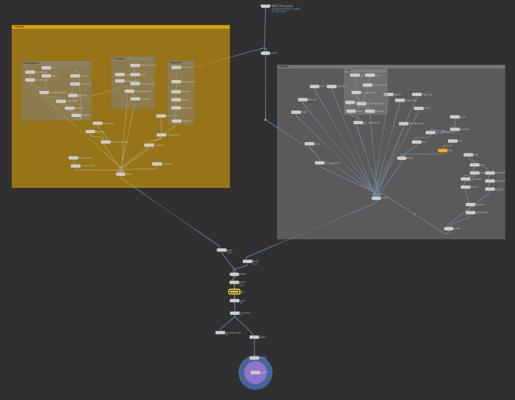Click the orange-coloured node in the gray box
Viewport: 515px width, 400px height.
(x=442, y=150)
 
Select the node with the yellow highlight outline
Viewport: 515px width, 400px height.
(x=234, y=291)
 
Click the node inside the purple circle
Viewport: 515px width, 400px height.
(x=255, y=372)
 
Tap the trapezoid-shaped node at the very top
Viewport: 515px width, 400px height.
(x=265, y=6)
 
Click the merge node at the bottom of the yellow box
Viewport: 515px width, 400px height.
(x=120, y=174)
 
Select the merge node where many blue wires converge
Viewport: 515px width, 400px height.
(x=376, y=198)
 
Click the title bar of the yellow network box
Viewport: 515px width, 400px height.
(x=120, y=27)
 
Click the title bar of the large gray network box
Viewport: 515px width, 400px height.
(x=390, y=66)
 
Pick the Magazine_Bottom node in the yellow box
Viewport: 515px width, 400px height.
(x=73, y=157)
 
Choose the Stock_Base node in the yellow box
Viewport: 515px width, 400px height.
(x=157, y=164)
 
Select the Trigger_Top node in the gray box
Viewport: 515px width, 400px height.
(x=417, y=95)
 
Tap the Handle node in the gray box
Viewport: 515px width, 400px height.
(x=419, y=108)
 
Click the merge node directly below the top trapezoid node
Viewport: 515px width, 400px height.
(x=265, y=53)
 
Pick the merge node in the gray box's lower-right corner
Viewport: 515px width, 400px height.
(x=449, y=228)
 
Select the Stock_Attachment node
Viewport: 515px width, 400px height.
(x=403, y=124)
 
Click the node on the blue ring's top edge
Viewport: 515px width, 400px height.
(x=254, y=358)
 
